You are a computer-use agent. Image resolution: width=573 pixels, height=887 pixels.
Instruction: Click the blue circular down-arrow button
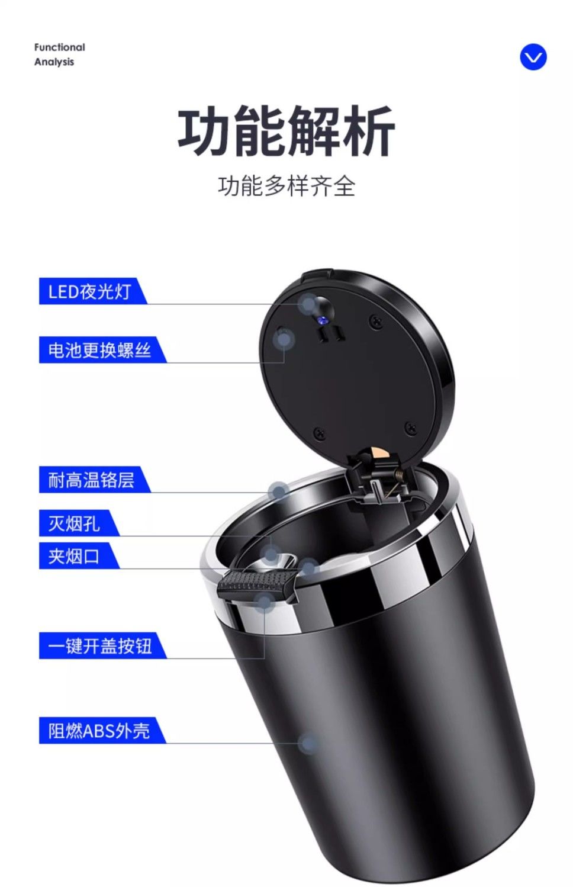click(x=533, y=57)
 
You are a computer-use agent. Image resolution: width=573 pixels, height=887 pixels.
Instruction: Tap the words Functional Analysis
click(x=59, y=54)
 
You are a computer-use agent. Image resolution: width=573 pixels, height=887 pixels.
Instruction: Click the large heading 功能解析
click(x=286, y=131)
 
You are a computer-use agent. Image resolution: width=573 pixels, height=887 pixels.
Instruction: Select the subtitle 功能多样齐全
click(x=286, y=186)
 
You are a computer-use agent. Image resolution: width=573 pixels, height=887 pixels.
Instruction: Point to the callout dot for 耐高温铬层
click(x=279, y=492)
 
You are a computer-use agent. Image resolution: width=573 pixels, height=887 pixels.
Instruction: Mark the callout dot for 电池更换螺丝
click(x=284, y=339)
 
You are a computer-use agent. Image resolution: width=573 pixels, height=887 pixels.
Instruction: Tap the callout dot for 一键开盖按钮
click(x=264, y=602)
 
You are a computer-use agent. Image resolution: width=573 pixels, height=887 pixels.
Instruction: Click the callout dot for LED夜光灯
click(x=309, y=304)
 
